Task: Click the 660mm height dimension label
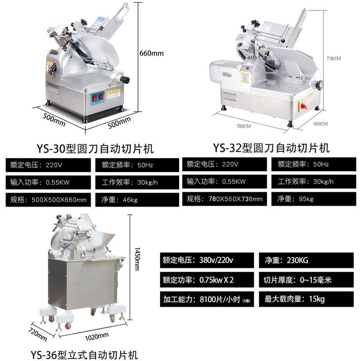coord(151,53)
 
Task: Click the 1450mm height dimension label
coord(136,259)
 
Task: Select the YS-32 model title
coord(271,148)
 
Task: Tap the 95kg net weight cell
coord(313,198)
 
